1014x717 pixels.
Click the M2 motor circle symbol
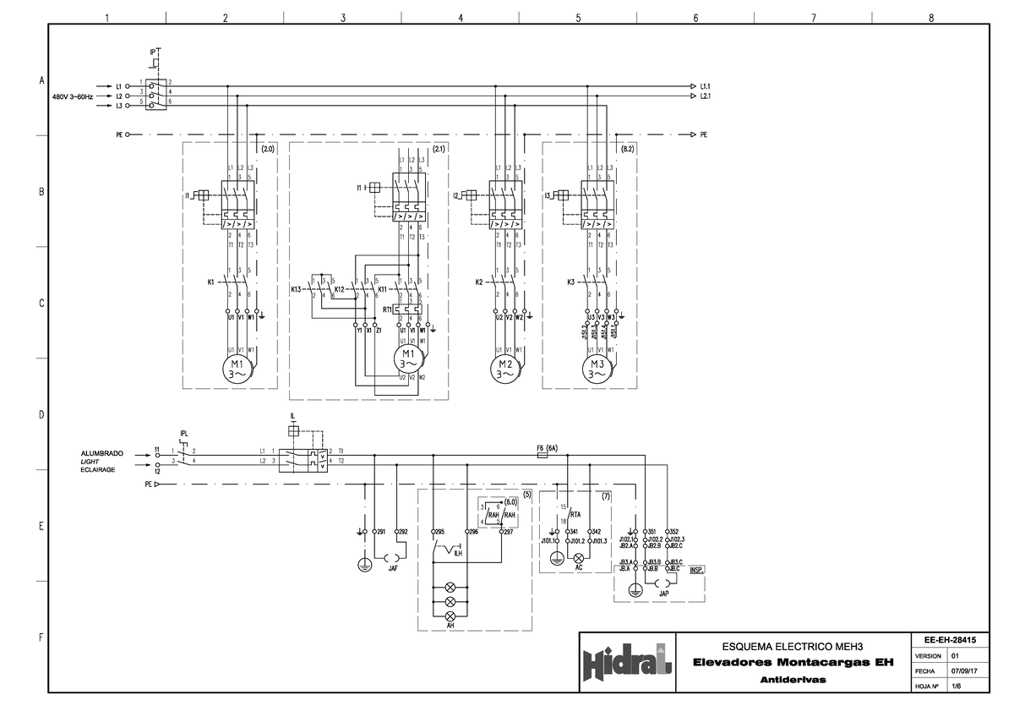507,368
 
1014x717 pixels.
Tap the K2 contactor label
479,282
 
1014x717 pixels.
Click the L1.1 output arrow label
706,86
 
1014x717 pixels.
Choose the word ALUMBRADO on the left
102,454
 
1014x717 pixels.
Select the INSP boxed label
696,570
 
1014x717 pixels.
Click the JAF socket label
393,569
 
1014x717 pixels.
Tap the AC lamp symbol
579,559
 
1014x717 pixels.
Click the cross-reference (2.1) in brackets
438,149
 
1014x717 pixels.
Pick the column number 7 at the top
812,19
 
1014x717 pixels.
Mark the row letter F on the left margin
40,638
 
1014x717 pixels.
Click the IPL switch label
184,435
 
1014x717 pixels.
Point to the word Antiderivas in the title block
793,680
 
